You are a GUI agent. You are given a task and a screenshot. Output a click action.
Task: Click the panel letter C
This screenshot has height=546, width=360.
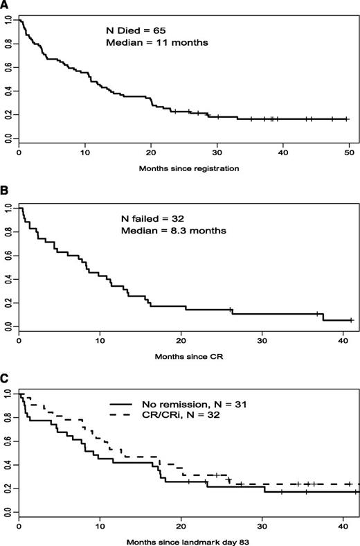click(5, 379)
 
